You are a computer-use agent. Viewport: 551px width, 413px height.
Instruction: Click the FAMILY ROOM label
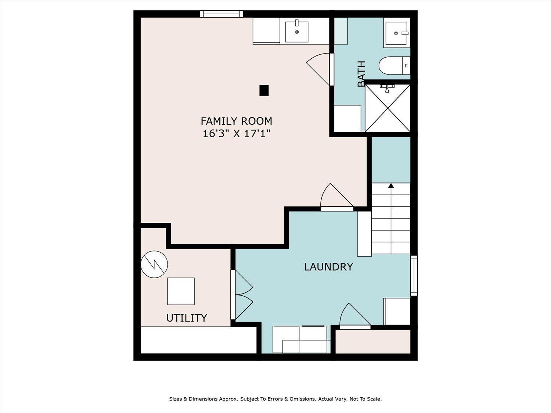(237, 121)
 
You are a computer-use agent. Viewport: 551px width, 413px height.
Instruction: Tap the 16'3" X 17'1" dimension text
(237, 134)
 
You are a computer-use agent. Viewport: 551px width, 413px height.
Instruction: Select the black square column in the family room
(264, 91)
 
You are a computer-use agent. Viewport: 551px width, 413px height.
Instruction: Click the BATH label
(361, 74)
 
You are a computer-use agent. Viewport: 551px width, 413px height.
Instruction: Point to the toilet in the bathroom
(395, 65)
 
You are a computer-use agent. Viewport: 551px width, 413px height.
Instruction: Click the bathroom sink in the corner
(396, 33)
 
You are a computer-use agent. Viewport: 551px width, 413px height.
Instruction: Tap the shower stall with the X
(388, 108)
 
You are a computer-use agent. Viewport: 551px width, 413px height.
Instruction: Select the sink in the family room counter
(296, 32)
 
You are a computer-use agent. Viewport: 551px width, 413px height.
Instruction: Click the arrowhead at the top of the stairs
(391, 185)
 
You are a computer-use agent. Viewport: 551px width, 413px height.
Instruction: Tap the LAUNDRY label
(328, 267)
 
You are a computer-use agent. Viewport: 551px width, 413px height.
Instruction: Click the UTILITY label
(187, 318)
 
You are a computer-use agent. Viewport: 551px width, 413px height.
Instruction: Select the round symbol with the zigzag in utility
(154, 264)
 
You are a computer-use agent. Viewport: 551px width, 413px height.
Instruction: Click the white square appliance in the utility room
(181, 291)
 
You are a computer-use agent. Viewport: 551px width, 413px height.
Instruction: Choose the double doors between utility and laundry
(241, 295)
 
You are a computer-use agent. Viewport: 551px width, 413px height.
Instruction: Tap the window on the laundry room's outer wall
(414, 276)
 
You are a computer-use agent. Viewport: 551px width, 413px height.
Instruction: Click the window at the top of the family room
(222, 14)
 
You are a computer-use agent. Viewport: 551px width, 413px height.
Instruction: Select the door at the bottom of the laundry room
(355, 316)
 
